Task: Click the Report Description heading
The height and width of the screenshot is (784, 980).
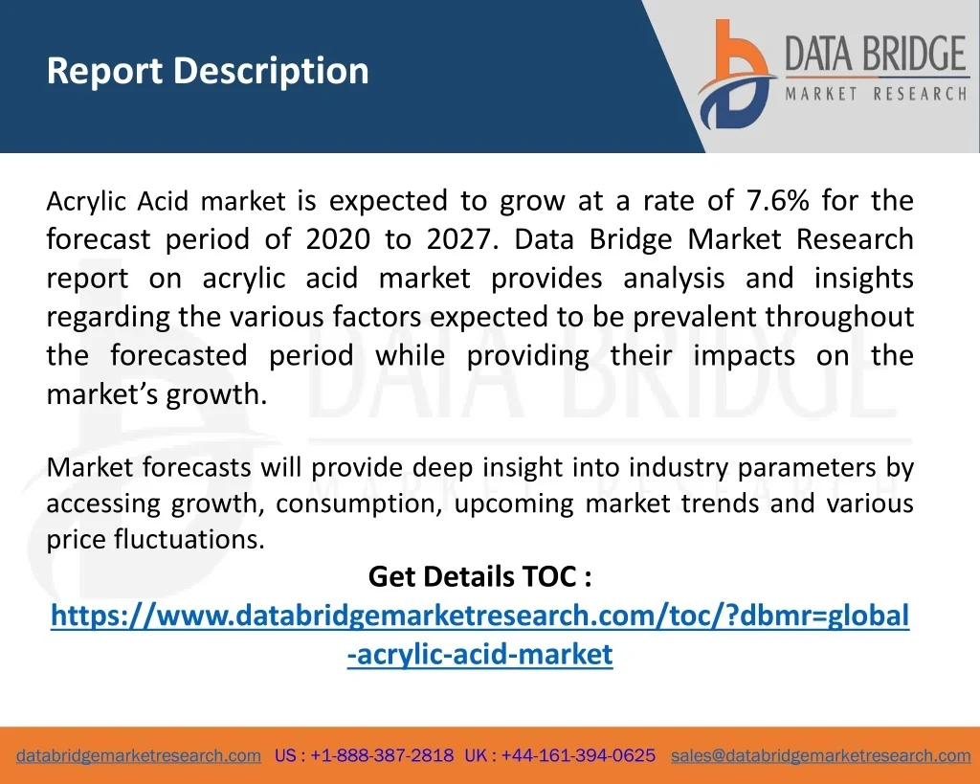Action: click(x=208, y=71)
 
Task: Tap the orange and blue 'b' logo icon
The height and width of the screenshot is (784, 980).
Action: click(x=736, y=74)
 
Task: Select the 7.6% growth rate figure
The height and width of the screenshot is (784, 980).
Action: click(x=777, y=201)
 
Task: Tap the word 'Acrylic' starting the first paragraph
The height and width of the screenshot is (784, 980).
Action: click(x=86, y=202)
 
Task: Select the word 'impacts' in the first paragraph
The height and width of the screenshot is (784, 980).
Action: click(x=744, y=356)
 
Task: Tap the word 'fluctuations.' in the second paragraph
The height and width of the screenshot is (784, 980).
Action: click(x=189, y=539)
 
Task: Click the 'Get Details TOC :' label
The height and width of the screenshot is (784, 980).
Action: click(x=480, y=576)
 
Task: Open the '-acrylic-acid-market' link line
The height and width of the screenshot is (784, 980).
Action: click(x=480, y=655)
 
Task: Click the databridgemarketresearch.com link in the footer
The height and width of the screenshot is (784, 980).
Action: click(x=139, y=756)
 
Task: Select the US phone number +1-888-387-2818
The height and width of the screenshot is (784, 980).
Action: click(x=382, y=755)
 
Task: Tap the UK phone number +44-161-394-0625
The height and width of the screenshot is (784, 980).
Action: click(x=578, y=755)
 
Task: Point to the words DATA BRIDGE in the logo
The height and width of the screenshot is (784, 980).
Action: click(x=876, y=54)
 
